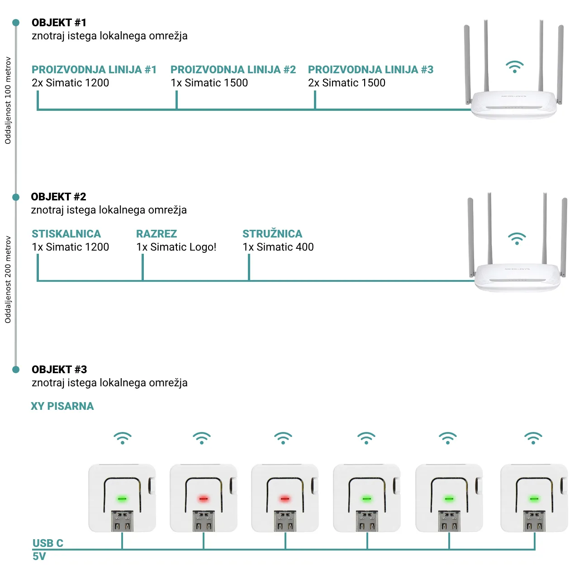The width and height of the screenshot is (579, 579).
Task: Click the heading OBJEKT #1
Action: point(59,23)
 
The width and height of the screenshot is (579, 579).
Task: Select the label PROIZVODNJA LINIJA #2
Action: point(233,70)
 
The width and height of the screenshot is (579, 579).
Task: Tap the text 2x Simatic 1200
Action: point(70,83)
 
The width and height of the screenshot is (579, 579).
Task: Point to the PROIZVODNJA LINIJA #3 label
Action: point(370,70)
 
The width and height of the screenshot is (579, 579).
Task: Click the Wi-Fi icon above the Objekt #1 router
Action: point(514,67)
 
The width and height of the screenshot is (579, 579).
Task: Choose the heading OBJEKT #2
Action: point(58,197)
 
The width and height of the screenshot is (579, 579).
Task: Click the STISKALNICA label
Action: point(66,234)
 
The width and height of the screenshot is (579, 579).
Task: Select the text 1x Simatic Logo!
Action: point(176,247)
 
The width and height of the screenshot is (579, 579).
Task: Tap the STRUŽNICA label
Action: point(272,234)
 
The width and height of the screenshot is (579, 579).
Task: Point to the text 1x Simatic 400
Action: point(278,247)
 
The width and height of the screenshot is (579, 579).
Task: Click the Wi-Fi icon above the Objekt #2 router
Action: point(517,239)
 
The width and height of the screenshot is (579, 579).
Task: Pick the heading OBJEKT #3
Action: point(59,370)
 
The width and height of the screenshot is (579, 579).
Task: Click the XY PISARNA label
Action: point(62,406)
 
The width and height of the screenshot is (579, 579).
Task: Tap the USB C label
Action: point(47,543)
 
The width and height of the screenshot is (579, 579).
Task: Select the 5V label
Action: point(39,556)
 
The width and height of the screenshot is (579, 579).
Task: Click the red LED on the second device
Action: point(204,499)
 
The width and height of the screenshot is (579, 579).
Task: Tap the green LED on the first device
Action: point(122,499)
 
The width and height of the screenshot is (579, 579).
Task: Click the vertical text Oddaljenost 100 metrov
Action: point(8,100)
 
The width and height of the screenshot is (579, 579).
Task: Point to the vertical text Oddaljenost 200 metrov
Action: point(8,280)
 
